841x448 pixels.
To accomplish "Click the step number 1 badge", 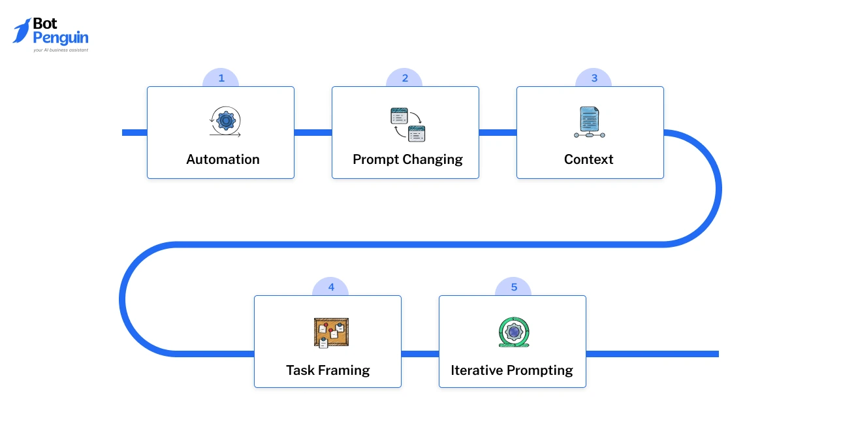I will coord(221,78).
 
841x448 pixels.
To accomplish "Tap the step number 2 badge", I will coord(405,78).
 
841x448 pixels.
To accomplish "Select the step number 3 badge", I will coord(594,78).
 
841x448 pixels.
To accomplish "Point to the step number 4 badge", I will coord(330,287).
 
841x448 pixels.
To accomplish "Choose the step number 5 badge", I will coord(513,287).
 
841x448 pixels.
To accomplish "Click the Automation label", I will coord(223,159).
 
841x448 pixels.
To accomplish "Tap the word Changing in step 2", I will coord(432,159).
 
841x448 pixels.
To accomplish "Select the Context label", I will coord(588,159).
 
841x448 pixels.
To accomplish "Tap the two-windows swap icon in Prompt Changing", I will coord(408,125).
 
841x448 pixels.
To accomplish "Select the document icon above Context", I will coord(590,122).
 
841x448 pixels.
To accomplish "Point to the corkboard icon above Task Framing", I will coord(331,332).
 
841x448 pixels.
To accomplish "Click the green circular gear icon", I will coord(513,332).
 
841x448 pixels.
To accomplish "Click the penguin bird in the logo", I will coord(22,31).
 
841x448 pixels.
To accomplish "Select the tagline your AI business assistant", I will coord(60,50).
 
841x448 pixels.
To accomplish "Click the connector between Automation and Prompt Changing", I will coord(313,133).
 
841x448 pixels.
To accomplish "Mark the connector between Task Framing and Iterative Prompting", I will coord(420,354).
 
